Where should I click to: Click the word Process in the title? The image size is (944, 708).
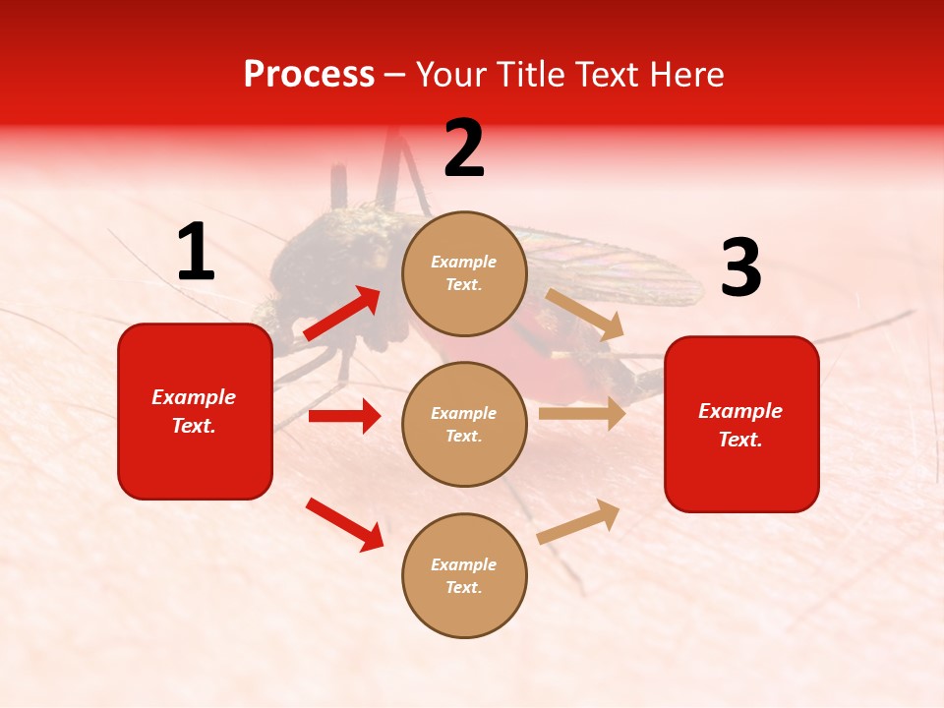click(x=309, y=75)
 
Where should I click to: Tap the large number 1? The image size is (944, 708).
click(x=196, y=253)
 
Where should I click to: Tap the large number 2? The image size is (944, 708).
click(x=464, y=148)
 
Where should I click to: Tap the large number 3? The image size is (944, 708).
click(x=740, y=268)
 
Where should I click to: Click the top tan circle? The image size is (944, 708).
click(x=464, y=273)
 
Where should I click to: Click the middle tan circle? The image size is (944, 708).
click(x=464, y=425)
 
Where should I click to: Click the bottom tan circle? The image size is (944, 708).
click(x=464, y=576)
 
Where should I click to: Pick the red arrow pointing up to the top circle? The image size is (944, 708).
click(x=342, y=314)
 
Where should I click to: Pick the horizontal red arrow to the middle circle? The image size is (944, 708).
click(x=344, y=416)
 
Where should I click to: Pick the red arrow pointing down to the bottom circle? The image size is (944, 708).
click(x=344, y=524)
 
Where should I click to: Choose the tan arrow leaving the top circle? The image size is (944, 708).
click(x=586, y=314)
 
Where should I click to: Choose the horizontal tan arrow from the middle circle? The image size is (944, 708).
click(x=582, y=414)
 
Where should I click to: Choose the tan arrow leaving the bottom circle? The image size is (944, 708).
click(x=579, y=520)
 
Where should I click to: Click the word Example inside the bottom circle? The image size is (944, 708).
click(x=464, y=564)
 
